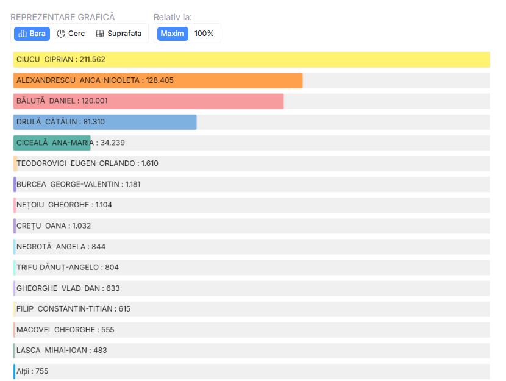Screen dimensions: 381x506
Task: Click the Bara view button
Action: click(x=32, y=34)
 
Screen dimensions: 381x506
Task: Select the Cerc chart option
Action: click(x=71, y=34)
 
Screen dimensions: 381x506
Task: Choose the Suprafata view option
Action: click(x=119, y=34)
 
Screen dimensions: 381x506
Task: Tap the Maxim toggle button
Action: click(x=173, y=34)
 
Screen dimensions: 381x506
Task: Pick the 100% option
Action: click(x=204, y=34)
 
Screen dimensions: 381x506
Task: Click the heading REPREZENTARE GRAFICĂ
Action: click(x=63, y=17)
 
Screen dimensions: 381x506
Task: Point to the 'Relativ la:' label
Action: click(x=173, y=17)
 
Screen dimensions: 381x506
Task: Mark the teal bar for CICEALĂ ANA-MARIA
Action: click(x=52, y=143)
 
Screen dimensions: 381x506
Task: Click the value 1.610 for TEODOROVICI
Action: click(x=149, y=163)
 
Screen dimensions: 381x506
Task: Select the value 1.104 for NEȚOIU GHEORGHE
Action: click(x=104, y=205)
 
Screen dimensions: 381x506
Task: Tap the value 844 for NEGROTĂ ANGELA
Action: click(x=98, y=246)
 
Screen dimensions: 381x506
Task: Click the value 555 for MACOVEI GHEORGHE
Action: click(x=107, y=329)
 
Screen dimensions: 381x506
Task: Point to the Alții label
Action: click(x=24, y=371)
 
